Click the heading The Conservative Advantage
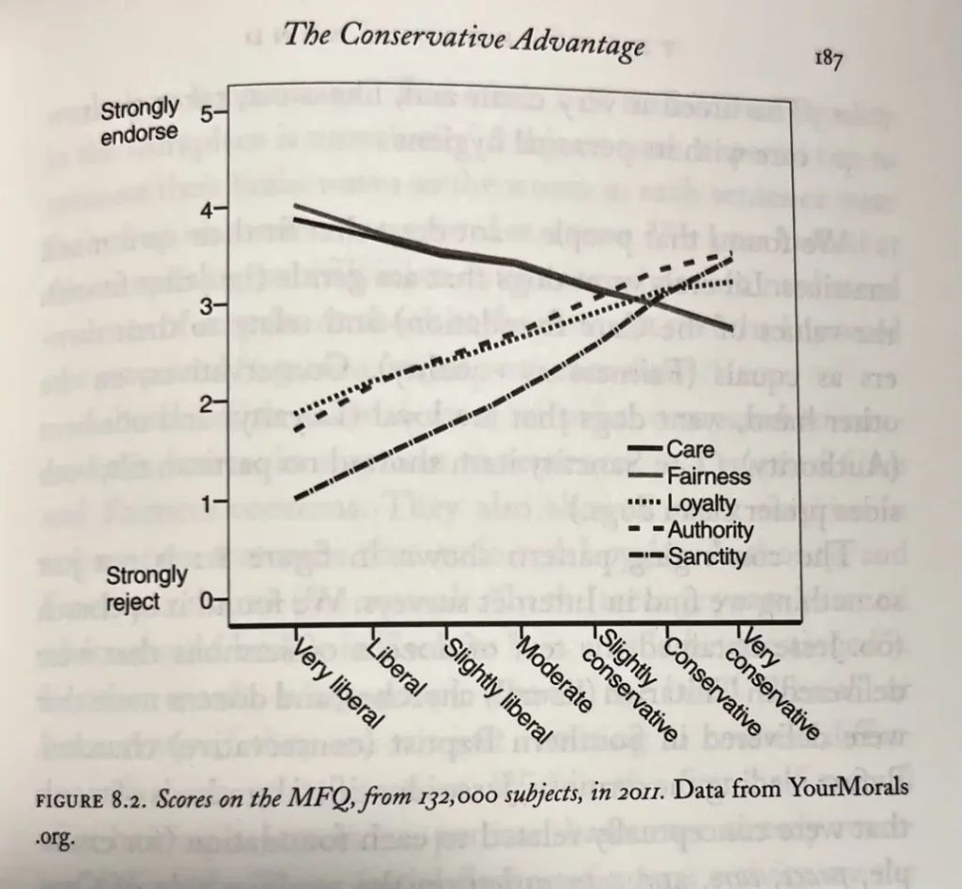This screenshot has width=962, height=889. [463, 40]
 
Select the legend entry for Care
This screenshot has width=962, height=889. [690, 450]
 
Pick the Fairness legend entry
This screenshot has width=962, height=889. [707, 476]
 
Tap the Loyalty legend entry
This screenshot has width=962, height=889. [701, 504]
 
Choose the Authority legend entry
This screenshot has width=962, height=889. [709, 531]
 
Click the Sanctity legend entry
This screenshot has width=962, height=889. [706, 557]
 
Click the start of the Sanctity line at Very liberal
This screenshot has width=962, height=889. [296, 497]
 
